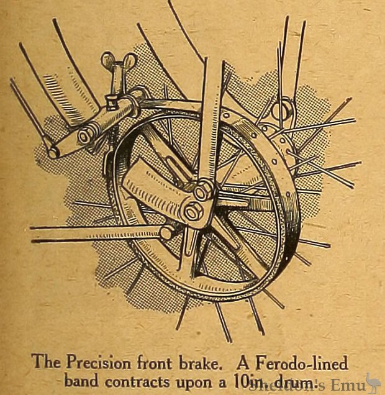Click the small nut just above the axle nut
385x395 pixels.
click(202, 192)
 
